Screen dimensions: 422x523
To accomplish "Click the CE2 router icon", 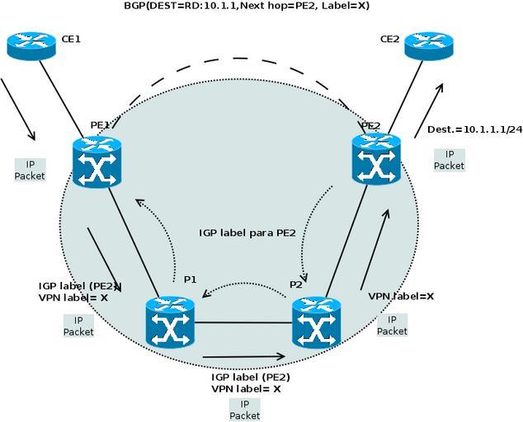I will [429, 45].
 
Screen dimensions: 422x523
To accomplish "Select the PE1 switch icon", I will [97, 161].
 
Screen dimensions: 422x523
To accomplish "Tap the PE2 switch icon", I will [376, 157].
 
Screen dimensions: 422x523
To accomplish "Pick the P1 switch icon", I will [168, 321].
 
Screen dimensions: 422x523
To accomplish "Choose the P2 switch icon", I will [316, 321].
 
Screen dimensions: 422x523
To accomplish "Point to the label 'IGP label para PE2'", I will [247, 232].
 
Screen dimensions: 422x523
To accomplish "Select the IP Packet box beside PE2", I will [450, 159].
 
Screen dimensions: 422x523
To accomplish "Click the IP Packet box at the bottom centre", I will [244, 410].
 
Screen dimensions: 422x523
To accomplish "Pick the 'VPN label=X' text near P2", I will [401, 295].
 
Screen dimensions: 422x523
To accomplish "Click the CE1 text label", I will [71, 39].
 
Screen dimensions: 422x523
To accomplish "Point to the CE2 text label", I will [389, 39].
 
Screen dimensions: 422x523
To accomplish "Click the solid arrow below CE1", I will [18, 110].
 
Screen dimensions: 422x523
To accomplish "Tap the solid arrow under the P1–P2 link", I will [243, 357].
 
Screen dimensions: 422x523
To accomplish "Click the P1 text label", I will [190, 279].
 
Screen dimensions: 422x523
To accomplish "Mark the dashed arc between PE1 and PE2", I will [239, 59].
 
